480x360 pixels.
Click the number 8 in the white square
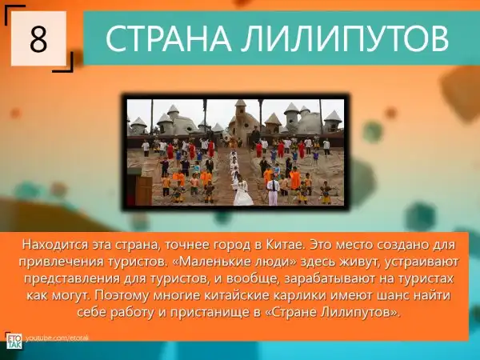[38, 39]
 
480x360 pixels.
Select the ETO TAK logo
[14, 341]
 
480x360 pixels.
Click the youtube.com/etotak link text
[57, 338]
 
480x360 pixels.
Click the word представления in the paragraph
[72, 279]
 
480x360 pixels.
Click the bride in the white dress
[242, 192]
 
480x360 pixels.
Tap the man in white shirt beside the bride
[273, 192]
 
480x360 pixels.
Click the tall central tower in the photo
[242, 119]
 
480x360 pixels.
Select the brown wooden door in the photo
[143, 190]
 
